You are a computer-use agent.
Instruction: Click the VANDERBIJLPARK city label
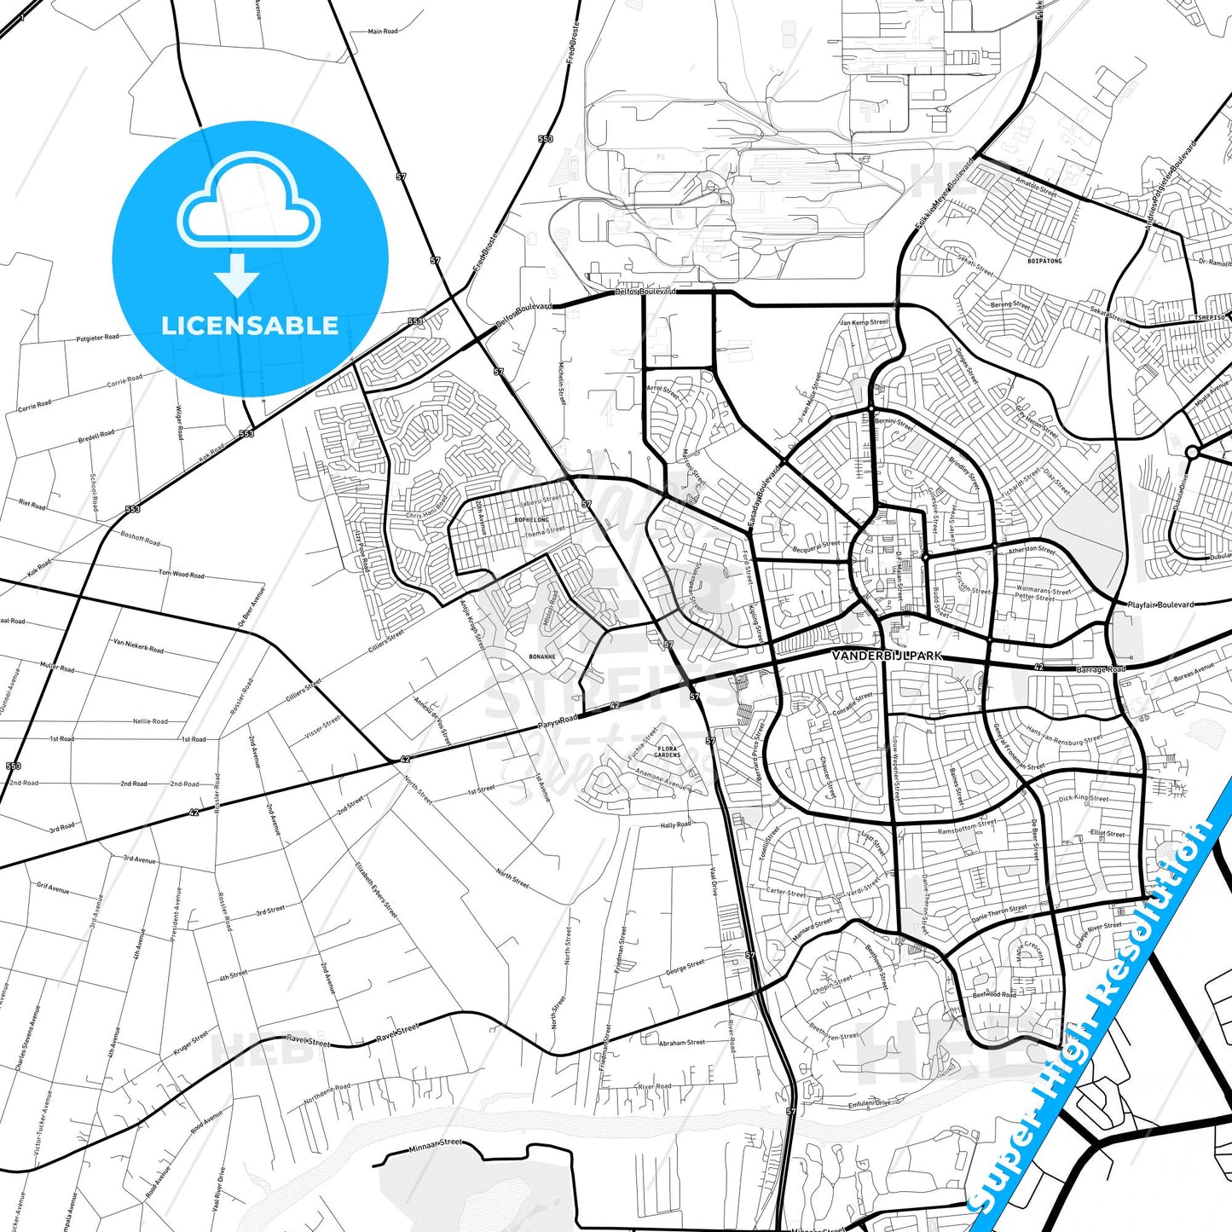[x=888, y=656]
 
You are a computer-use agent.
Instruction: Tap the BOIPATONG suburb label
[x=1044, y=261]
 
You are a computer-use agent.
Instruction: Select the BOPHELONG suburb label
[x=531, y=519]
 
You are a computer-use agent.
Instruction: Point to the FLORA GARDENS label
[x=668, y=752]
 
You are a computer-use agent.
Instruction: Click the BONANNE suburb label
[x=541, y=656]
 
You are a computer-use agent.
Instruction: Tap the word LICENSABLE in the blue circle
[x=250, y=326]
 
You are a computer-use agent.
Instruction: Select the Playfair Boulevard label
[x=1160, y=604]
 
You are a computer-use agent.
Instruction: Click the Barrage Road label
[x=1100, y=669]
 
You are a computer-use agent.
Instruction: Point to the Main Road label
[x=383, y=32]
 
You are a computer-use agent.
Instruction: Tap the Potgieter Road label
[x=97, y=338]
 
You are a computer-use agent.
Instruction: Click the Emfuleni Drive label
[x=869, y=1103]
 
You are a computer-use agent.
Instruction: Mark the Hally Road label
[x=675, y=825]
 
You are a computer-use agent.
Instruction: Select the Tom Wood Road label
[x=181, y=575]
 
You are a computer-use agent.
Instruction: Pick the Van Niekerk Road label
[x=138, y=645]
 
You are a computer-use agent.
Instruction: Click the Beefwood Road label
[x=994, y=994]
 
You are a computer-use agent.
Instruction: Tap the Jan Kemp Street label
[x=864, y=322]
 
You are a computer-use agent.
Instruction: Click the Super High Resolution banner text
[x=1096, y=1015]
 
